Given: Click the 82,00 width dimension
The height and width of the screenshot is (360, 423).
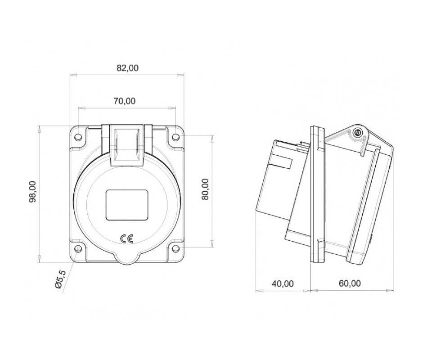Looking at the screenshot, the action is tap(127, 68).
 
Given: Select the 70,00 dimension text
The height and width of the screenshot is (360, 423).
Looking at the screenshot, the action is tap(124, 101).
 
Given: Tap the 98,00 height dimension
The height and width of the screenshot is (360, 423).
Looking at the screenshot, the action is tap(33, 192).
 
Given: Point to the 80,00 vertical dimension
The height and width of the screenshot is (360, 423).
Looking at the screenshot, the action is tap(205, 189).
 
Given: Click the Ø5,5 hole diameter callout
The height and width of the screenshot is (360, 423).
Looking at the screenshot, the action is tap(60, 279).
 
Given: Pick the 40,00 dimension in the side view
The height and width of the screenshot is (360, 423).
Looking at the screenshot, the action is tap(283, 283).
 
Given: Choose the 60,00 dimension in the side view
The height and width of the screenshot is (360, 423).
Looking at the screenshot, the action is tap(350, 283).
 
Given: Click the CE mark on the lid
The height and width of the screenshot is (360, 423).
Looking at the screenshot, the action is tap(127, 238).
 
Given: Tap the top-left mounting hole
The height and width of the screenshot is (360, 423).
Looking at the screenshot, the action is tap(78, 137).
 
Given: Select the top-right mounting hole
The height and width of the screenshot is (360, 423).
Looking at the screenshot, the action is tap(175, 137).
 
